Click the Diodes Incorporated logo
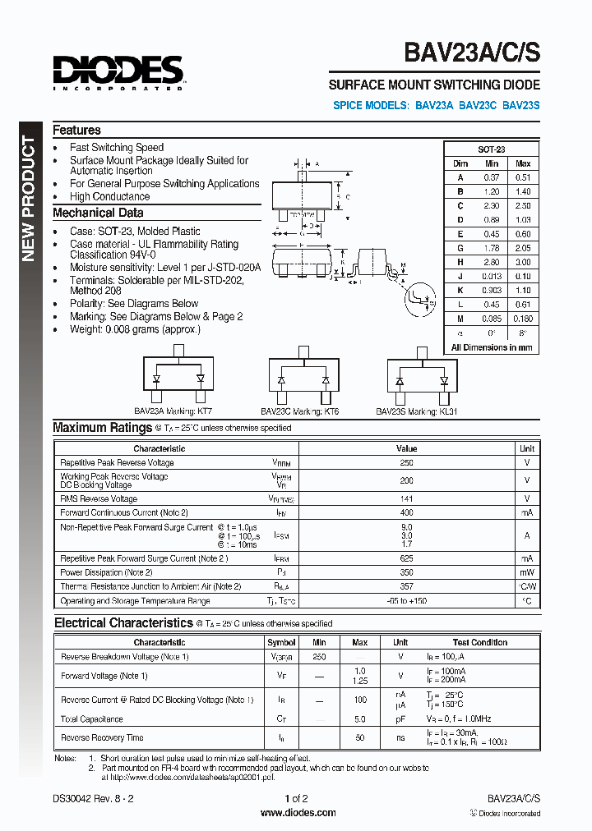click(x=118, y=71)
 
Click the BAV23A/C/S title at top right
click(x=472, y=52)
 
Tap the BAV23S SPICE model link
click(x=520, y=105)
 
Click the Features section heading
click(x=76, y=130)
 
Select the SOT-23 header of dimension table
click(x=492, y=149)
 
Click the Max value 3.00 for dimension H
click(x=523, y=262)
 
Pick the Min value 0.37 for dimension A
click(x=492, y=177)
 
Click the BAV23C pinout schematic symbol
click(x=303, y=380)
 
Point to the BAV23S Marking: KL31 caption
click(x=416, y=411)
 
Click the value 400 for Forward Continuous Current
click(x=406, y=512)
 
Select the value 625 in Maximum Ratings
click(x=406, y=558)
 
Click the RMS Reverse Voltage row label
click(x=99, y=498)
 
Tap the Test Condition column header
click(x=479, y=642)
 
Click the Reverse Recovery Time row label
click(x=102, y=737)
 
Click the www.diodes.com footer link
click(x=298, y=813)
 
